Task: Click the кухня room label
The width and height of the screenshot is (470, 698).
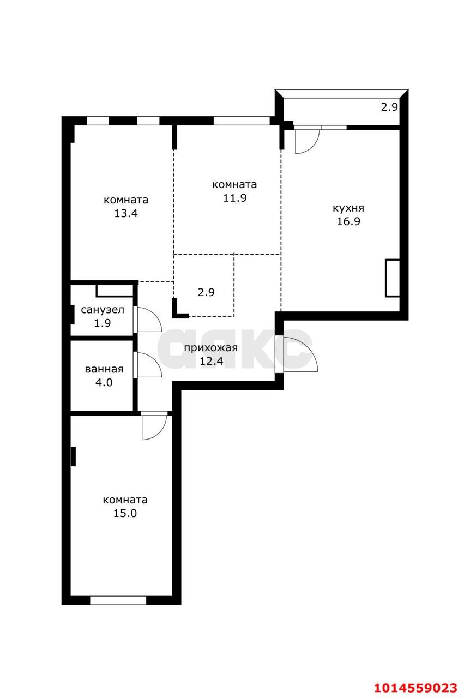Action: pyautogui.click(x=348, y=208)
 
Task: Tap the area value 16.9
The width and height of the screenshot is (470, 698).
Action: pyautogui.click(x=348, y=221)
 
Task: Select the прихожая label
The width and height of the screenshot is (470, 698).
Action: pyautogui.click(x=210, y=348)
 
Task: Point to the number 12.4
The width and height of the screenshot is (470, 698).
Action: pyautogui.click(x=212, y=361)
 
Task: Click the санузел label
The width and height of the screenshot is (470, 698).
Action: pyautogui.click(x=103, y=310)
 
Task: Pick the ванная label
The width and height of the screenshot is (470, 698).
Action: pyautogui.click(x=104, y=369)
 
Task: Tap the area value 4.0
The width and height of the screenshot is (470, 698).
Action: pyautogui.click(x=104, y=382)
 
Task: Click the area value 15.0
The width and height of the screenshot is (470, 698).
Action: pyautogui.click(x=125, y=513)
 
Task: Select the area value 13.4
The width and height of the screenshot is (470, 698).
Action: pyautogui.click(x=125, y=213)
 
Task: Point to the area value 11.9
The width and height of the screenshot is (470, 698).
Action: pyautogui.click(x=234, y=198)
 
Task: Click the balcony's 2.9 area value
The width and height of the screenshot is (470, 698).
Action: pyautogui.click(x=390, y=107)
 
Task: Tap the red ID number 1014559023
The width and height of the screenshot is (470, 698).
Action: pyautogui.click(x=416, y=688)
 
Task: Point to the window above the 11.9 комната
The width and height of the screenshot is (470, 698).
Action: pyautogui.click(x=242, y=121)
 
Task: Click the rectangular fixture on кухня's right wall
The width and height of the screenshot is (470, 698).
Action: pyautogui.click(x=393, y=278)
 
